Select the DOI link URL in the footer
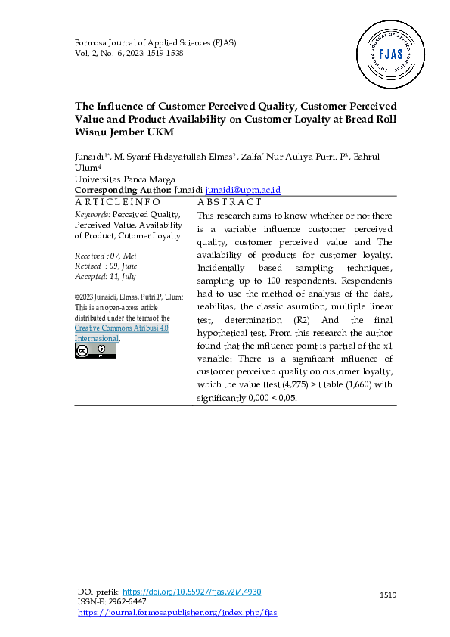coord(191,592)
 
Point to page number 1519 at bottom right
coord(388,595)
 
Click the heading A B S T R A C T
coord(229,202)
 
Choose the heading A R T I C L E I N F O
coord(118,202)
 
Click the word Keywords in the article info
coord(92,214)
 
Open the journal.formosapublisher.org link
coord(178,612)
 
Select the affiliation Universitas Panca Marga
coord(125,179)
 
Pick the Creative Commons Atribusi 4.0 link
coord(121,328)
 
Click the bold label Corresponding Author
coord(123,191)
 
